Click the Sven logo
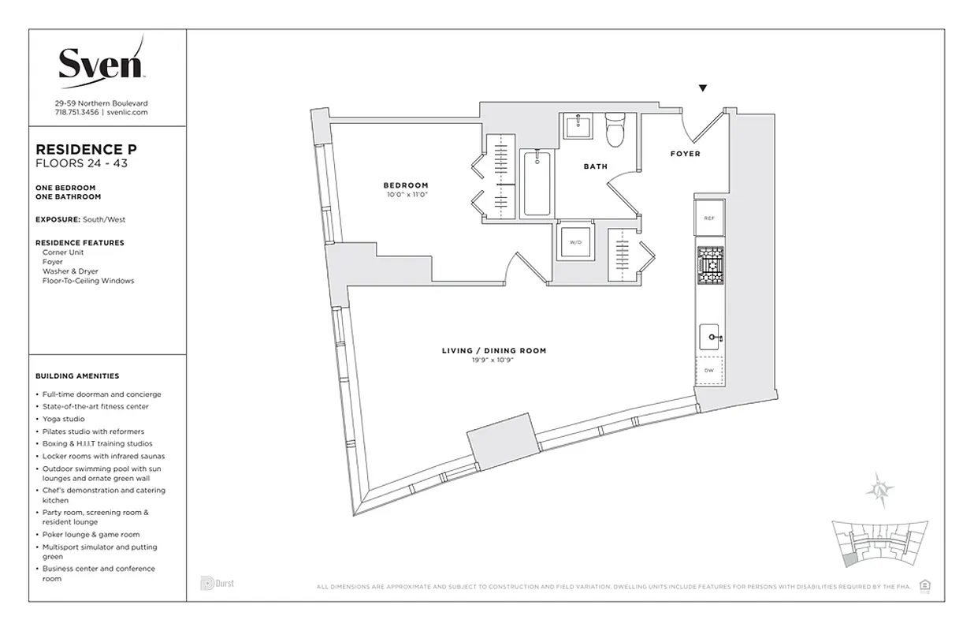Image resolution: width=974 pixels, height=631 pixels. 101,61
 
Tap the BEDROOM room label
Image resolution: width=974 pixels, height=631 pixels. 406,185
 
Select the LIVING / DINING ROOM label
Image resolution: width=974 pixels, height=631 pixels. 493,350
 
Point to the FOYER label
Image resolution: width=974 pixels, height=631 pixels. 685,154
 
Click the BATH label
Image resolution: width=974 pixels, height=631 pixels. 595,166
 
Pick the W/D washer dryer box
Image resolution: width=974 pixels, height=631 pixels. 574,242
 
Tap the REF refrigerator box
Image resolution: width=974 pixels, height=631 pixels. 709,218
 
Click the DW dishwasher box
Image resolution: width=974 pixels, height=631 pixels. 709,370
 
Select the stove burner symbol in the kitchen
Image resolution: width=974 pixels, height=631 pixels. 709,265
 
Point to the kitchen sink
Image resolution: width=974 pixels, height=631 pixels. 710,338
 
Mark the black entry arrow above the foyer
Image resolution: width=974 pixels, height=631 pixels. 703,88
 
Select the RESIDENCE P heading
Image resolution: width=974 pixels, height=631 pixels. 81,149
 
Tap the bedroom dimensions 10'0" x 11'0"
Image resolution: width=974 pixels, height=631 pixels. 406,195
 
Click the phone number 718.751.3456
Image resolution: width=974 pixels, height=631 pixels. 76,113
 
